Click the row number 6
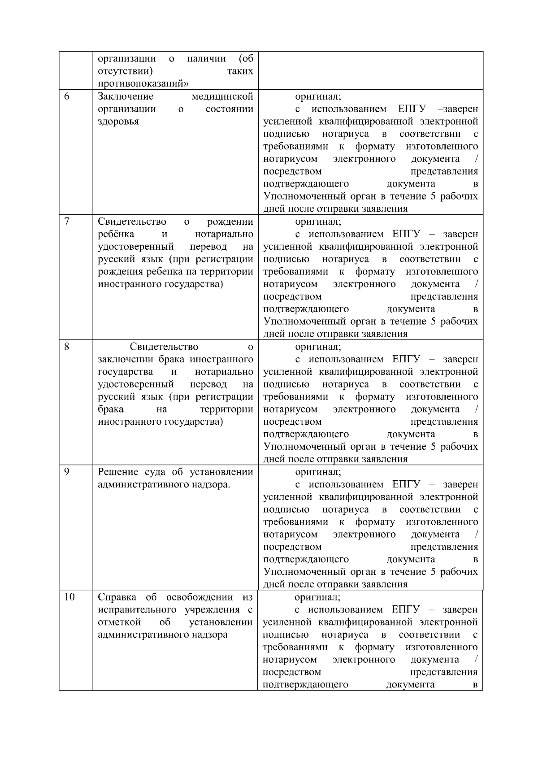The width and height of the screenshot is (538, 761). (66, 96)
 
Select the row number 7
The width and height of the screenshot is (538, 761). (66, 222)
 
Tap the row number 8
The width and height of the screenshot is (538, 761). (66, 347)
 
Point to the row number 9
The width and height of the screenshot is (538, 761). (66, 472)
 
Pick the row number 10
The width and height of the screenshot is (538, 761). (69, 597)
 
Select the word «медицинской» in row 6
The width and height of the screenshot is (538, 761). (222, 96)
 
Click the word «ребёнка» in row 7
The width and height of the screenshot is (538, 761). (116, 234)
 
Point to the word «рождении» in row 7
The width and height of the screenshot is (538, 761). (230, 222)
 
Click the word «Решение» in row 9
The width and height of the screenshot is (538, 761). (117, 472)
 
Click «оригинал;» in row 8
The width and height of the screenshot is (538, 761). (318, 347)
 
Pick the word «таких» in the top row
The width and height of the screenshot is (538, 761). (240, 71)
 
